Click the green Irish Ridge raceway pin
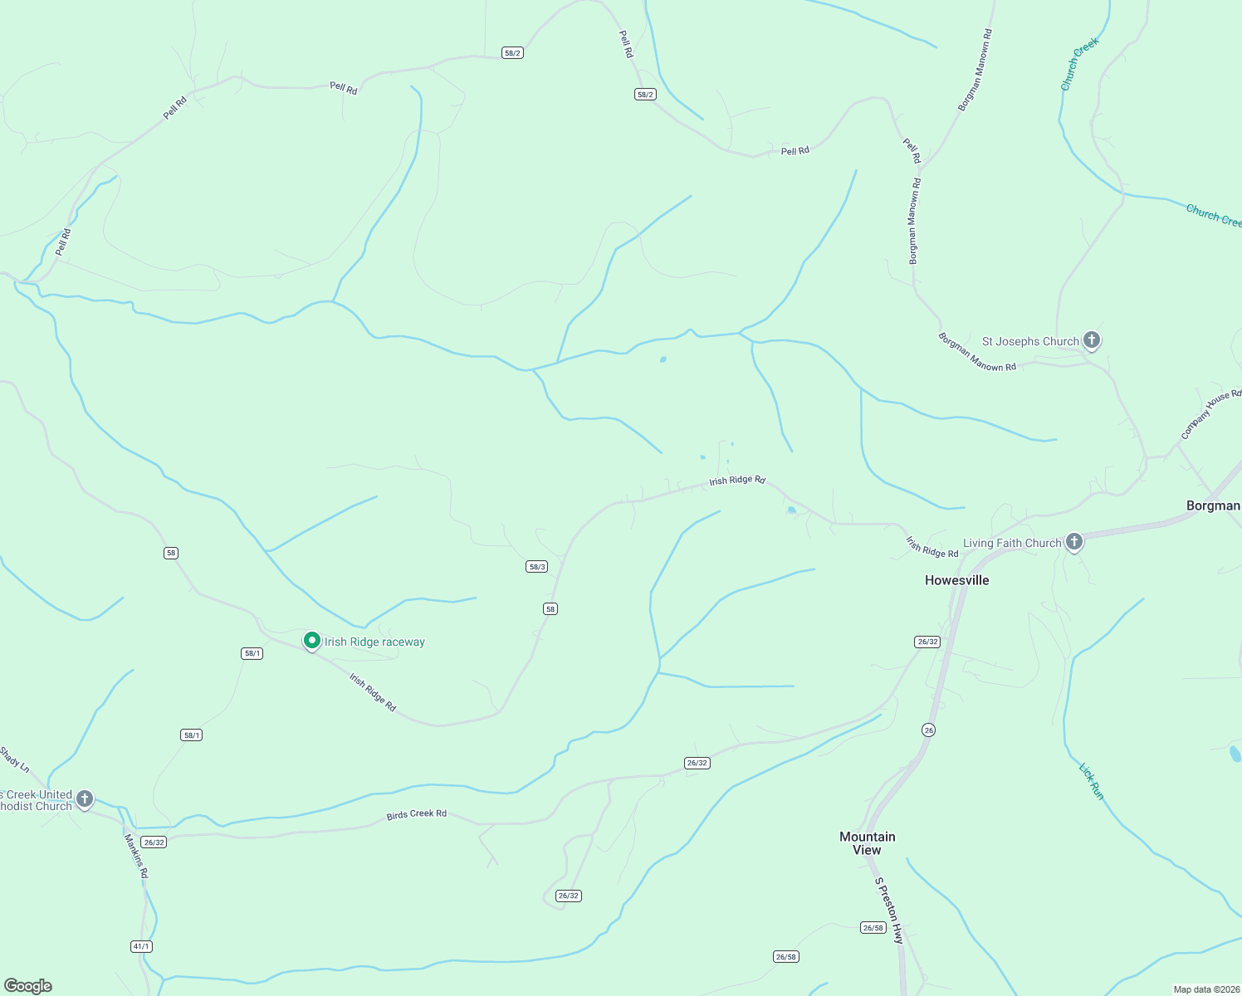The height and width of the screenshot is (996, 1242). coord(312,641)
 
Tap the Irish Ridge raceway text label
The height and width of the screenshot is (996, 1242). coord(374,642)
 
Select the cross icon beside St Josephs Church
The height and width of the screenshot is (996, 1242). coord(1092,339)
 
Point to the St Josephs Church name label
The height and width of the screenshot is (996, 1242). coord(1030,341)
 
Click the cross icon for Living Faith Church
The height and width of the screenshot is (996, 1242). coord(1074,542)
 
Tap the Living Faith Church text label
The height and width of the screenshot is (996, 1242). coord(1012,543)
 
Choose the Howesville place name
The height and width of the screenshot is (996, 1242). coord(956,580)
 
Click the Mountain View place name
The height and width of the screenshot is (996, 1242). coord(867,842)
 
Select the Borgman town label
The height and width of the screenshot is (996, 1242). coord(1213,505)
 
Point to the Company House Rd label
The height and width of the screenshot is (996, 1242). coord(1210,414)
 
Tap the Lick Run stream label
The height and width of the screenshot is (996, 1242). coord(1092,781)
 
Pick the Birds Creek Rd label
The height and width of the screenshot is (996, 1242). coord(416,814)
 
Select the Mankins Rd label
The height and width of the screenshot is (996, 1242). coord(136,856)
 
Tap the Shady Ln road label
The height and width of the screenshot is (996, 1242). coord(14,759)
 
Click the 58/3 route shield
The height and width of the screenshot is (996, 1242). coord(536,567)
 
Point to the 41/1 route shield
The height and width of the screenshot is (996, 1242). coord(141,946)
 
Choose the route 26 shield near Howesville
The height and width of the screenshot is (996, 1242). coord(928,730)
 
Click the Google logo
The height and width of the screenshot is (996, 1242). coord(28,986)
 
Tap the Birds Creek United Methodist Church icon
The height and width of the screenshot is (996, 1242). coord(85,799)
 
